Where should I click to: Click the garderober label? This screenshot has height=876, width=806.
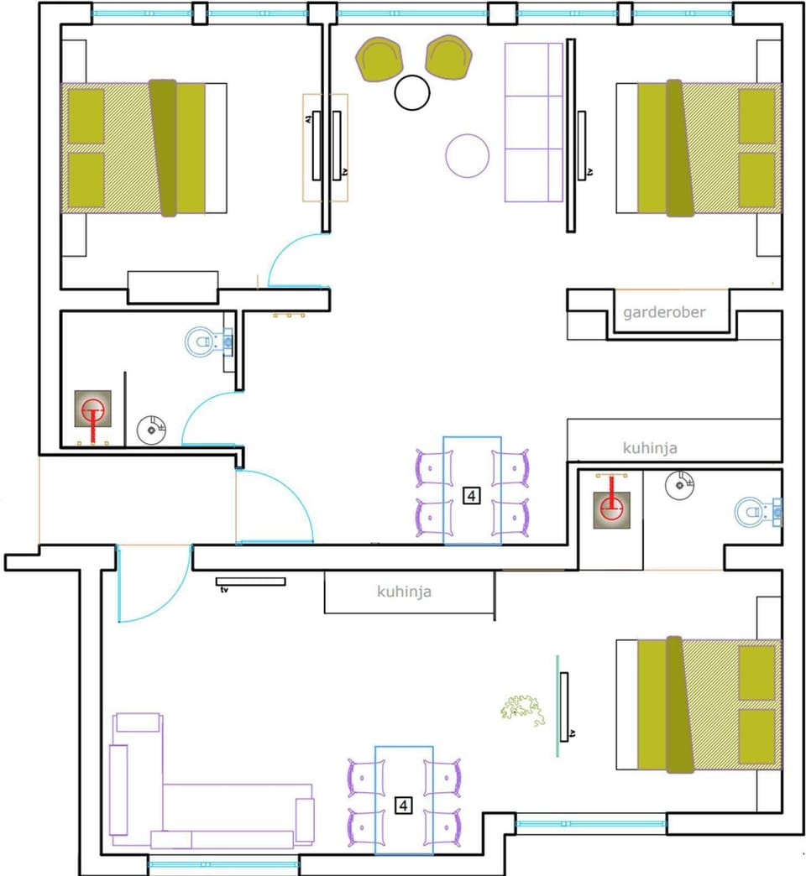coord(664,313)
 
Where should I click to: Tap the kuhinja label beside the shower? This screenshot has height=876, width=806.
coord(650,448)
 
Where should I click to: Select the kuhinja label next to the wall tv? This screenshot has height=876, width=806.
coord(404,592)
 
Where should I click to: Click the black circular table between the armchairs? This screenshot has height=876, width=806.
coord(412,92)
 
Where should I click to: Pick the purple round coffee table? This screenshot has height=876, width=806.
coord(467,155)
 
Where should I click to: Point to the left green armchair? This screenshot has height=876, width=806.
coord(379,59)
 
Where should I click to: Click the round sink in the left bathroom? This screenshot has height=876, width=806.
coord(152,429)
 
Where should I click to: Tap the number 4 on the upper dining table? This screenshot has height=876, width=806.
coord(471,496)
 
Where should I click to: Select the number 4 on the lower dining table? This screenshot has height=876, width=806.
coord(404,806)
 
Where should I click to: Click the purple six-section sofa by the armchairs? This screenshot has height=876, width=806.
coord(533,123)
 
